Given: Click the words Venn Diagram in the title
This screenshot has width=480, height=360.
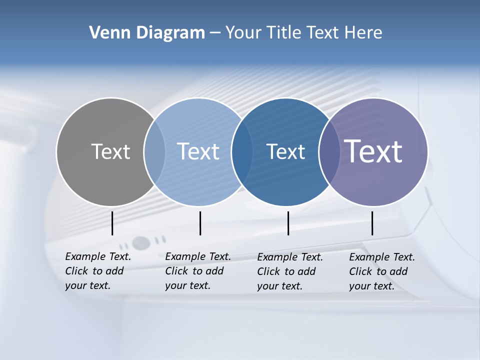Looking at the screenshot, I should (147, 33).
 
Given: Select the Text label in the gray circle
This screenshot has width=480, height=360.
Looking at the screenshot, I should (110, 151).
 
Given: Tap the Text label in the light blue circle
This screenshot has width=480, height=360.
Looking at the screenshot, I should (198, 151).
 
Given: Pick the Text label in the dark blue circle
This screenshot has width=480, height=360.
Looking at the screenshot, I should (285, 151).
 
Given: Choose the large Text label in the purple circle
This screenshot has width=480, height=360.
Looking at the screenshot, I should (373, 151).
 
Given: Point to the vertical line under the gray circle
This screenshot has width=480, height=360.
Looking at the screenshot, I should (112, 223).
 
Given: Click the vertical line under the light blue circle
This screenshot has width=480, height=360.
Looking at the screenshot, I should (200, 223).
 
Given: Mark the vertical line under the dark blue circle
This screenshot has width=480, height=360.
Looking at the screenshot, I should (288, 223).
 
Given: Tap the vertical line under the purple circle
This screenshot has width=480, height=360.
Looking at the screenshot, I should (372, 223).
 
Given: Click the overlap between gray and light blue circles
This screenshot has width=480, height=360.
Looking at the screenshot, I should (154, 151).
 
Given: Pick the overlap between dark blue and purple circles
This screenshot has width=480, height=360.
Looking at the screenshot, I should (329, 151).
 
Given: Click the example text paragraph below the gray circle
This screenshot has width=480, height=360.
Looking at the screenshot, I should (98, 271).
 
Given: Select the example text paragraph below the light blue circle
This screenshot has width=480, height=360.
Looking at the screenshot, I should (198, 271).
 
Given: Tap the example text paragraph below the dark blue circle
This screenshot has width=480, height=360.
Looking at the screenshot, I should (290, 271).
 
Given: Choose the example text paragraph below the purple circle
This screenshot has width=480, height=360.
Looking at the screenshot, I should (382, 271).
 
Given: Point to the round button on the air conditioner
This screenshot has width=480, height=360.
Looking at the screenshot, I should (141, 243).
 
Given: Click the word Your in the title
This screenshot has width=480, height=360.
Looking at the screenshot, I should (243, 33).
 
